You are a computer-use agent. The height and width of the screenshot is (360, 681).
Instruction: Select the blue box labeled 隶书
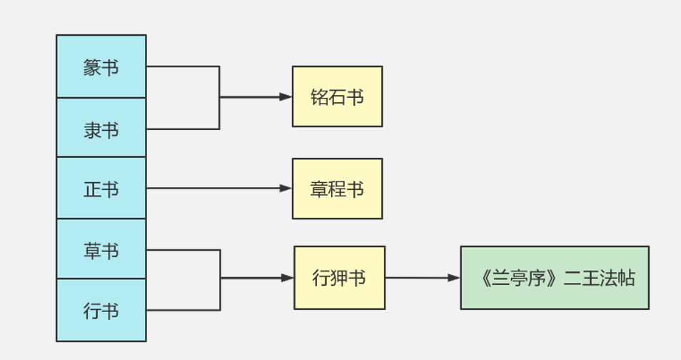pos(101,128)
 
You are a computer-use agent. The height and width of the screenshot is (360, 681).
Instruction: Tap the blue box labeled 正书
pos(101,189)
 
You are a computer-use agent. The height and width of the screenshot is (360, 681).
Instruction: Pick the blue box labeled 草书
pos(101,249)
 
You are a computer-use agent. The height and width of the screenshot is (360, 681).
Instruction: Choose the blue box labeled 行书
pos(101,311)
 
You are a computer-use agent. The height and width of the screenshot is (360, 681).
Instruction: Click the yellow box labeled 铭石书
pos(337,96)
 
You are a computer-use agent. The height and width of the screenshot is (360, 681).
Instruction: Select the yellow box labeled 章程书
pos(337,189)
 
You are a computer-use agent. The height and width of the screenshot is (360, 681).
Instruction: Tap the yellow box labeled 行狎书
pos(339,278)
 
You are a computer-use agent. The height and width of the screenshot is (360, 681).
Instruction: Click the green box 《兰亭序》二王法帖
pos(555,278)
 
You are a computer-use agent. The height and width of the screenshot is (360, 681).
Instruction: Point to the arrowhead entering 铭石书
pos(286,96)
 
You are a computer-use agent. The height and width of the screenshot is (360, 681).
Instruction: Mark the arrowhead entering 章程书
pos(286,189)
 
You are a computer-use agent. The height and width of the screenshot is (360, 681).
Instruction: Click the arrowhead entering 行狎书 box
pos(288,278)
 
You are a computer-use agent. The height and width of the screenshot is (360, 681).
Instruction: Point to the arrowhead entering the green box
pos(454,278)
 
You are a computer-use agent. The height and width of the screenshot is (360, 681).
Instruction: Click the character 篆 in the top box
pos(92,69)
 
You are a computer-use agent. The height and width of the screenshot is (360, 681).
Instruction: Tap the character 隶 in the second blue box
pos(92,131)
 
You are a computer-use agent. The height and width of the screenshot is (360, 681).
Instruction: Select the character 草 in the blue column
pos(92,251)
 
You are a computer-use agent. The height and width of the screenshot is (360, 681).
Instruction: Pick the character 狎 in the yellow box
pos(339,278)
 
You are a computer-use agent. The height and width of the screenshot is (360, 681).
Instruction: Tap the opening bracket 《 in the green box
pos(485,279)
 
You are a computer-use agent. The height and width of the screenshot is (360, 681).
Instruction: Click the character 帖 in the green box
pos(625,279)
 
